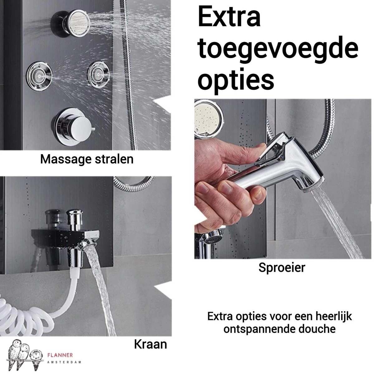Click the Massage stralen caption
(x=87, y=159)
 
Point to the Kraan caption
(x=150, y=344)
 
